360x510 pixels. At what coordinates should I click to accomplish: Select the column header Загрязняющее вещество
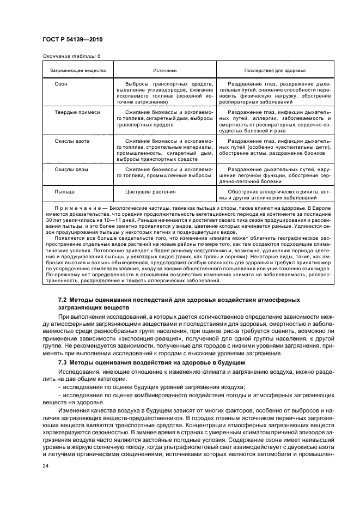[x=78, y=71]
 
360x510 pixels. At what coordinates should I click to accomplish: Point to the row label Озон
[x=61, y=84]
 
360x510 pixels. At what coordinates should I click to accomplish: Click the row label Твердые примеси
[x=77, y=112]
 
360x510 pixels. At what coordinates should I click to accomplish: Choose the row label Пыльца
[x=65, y=192]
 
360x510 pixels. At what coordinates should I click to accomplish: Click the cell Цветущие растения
[x=150, y=192]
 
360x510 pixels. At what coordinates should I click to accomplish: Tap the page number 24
[x=46, y=465]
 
